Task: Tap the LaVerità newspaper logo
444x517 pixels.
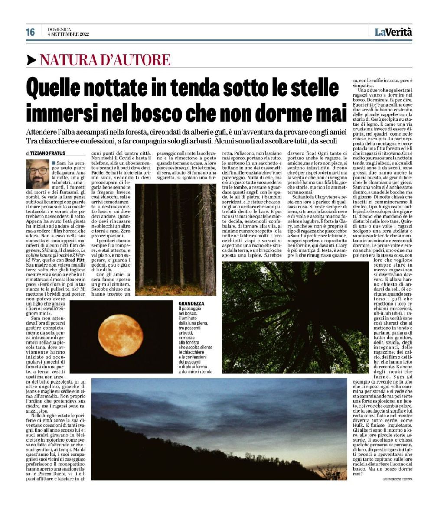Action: point(393,32)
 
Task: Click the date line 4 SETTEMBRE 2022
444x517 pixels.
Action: point(68,34)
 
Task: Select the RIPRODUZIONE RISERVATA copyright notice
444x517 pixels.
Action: point(397,479)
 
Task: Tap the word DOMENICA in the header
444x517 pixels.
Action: point(59,29)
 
